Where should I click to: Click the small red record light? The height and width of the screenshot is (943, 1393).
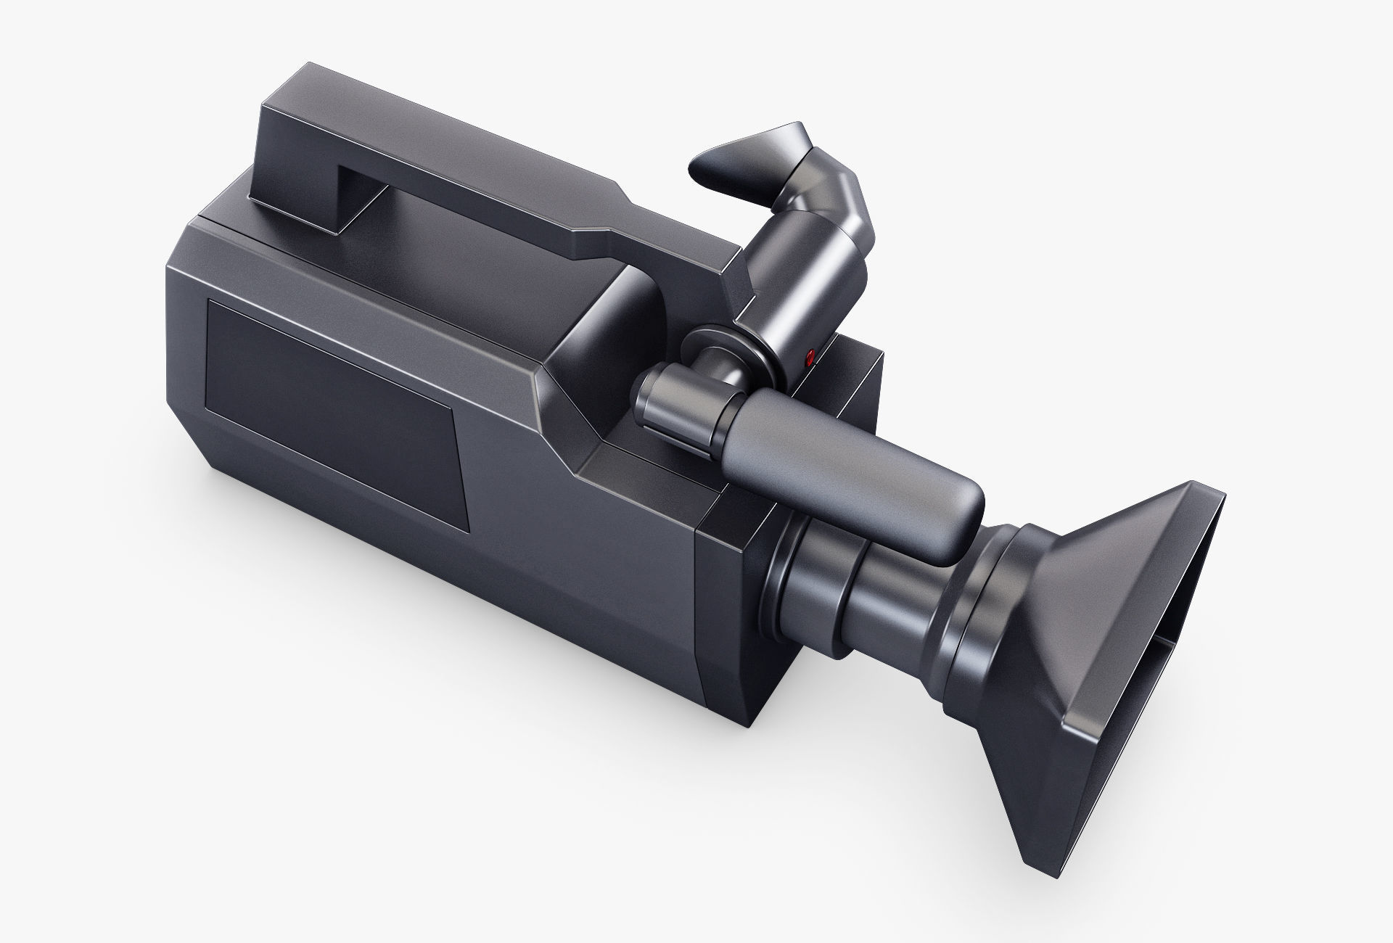pos(810,356)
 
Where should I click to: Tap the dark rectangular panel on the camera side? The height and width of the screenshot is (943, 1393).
pos(334,406)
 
